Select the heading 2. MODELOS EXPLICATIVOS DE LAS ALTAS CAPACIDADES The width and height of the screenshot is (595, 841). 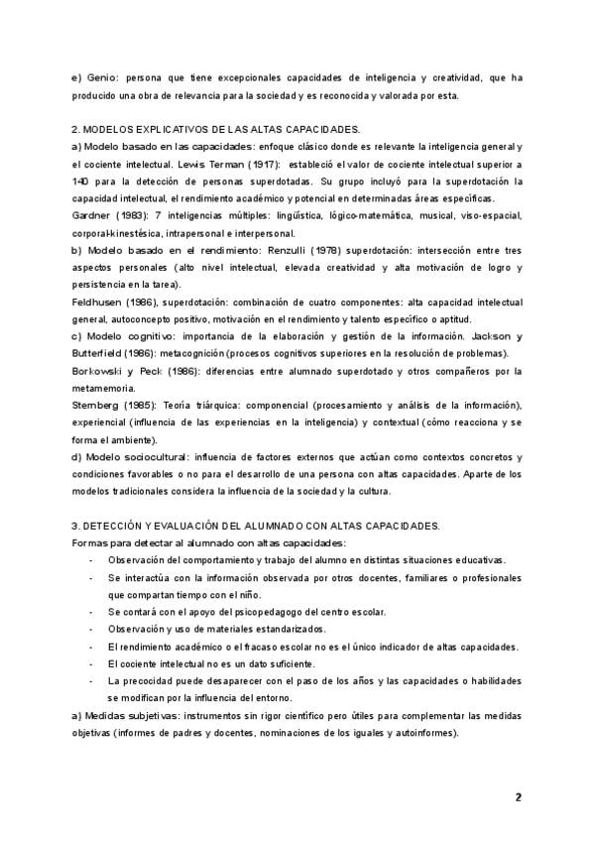point(216,130)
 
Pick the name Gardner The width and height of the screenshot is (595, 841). point(91,215)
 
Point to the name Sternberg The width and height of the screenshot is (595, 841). point(97,406)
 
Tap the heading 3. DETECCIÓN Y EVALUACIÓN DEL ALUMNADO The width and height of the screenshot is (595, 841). point(256,525)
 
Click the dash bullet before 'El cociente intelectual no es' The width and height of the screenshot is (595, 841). point(92,663)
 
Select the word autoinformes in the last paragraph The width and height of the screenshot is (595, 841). point(423,733)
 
